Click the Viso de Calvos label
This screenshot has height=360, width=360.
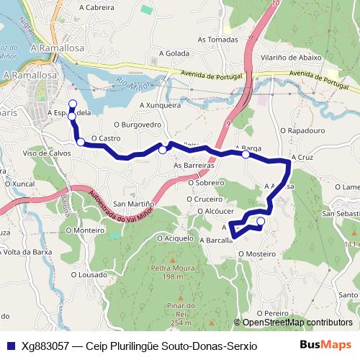click(47, 153)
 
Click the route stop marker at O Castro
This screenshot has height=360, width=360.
click(81, 142)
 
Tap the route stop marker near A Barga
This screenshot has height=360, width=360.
click(246, 154)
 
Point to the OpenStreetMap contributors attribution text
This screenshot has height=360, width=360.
click(297, 323)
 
